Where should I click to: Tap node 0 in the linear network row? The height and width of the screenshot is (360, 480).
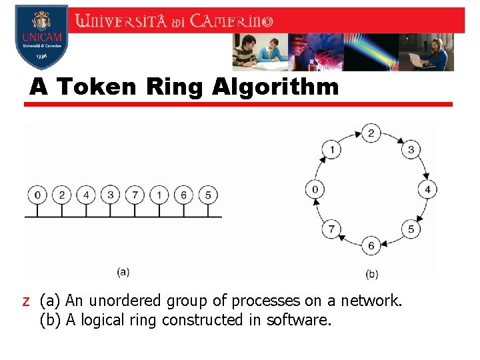pyautogui.click(x=38, y=195)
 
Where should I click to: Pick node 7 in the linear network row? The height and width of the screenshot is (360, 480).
pyautogui.click(x=135, y=195)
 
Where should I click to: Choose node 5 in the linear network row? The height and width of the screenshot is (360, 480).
pyautogui.click(x=208, y=195)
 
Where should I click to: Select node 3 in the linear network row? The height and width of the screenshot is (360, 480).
pyautogui.click(x=110, y=195)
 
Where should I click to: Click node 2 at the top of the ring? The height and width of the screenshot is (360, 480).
pyautogui.click(x=371, y=133)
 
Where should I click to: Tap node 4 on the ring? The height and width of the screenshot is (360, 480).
pyautogui.click(x=427, y=189)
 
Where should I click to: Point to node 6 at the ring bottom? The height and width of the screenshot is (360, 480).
pyautogui.click(x=371, y=245)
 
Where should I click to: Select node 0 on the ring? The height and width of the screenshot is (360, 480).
pyautogui.click(x=315, y=189)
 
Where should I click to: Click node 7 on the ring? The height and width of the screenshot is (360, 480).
pyautogui.click(x=331, y=229)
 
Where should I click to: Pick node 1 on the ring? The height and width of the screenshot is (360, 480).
pyautogui.click(x=331, y=149)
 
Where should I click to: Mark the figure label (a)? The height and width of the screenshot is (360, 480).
pyautogui.click(x=123, y=271)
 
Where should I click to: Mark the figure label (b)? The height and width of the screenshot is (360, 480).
pyautogui.click(x=371, y=274)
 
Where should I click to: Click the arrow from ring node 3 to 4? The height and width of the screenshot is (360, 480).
pyautogui.click(x=422, y=167)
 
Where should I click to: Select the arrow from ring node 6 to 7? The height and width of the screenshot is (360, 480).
pyautogui.click(x=349, y=241)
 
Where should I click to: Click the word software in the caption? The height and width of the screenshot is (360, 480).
pyautogui.click(x=297, y=321)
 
